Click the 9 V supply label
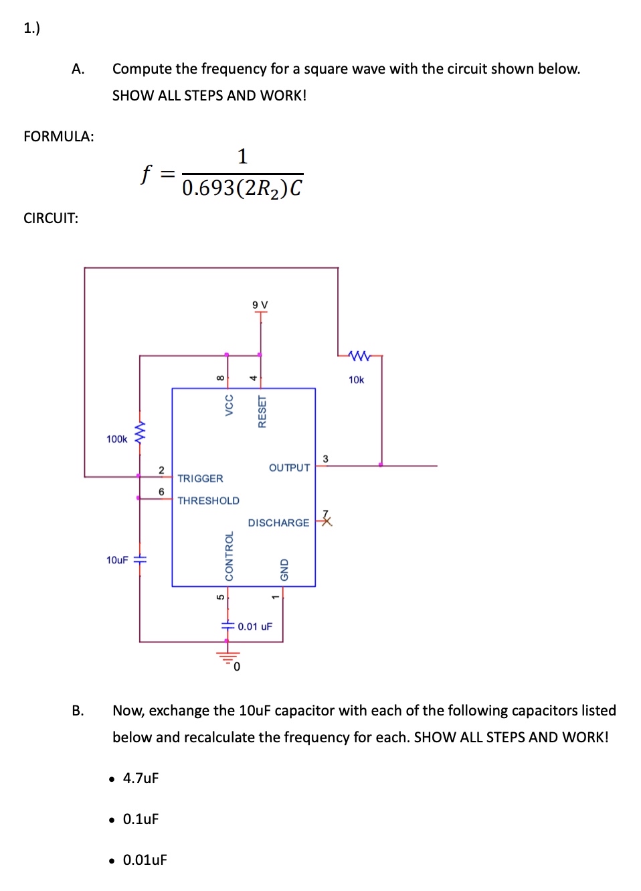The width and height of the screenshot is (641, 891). point(260,305)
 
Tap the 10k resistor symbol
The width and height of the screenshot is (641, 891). point(359,355)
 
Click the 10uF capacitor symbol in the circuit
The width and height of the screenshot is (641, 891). point(140,559)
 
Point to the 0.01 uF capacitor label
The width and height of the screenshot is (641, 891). point(255,626)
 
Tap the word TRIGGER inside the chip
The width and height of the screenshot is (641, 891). point(200,478)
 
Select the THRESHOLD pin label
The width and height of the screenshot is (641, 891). point(208,500)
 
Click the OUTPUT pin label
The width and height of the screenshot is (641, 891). point(289,468)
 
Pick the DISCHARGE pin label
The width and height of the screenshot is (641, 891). point(278,523)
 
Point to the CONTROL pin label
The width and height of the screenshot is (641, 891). point(229,556)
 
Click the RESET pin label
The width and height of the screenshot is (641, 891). point(262,411)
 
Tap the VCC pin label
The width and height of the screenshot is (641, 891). point(229,405)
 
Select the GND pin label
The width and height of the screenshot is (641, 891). point(284,569)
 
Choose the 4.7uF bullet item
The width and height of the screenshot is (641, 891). point(141,778)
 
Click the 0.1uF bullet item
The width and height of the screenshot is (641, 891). point(141,819)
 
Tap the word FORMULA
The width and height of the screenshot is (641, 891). point(58,137)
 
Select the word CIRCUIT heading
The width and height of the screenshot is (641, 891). point(51,218)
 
